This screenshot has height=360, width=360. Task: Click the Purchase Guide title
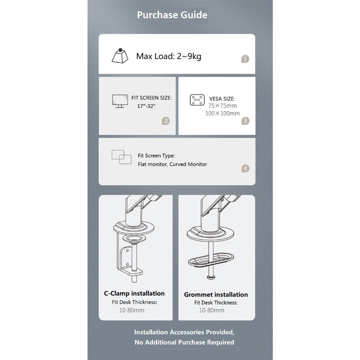172,15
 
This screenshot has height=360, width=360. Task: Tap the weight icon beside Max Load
120,56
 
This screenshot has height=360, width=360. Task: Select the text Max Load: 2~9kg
169,56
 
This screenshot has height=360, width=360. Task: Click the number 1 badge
245,59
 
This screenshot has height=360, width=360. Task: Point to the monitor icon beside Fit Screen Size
120,101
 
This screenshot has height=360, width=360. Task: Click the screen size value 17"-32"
146,106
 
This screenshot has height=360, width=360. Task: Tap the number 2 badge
166,121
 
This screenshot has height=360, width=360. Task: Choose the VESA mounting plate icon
197,100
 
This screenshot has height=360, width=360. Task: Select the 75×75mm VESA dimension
223,105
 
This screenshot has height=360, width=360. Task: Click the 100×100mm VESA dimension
223,113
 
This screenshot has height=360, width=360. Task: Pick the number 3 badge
245,121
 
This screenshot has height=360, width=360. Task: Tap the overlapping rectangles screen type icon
121,157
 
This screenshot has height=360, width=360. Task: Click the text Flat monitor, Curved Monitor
172,164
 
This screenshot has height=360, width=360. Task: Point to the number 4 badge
245,168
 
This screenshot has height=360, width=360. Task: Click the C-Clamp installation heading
134,294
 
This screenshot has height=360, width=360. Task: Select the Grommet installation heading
216,295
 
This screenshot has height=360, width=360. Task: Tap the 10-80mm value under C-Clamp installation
132,310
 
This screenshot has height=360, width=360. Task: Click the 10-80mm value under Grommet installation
212,310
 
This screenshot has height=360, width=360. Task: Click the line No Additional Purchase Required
184,342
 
